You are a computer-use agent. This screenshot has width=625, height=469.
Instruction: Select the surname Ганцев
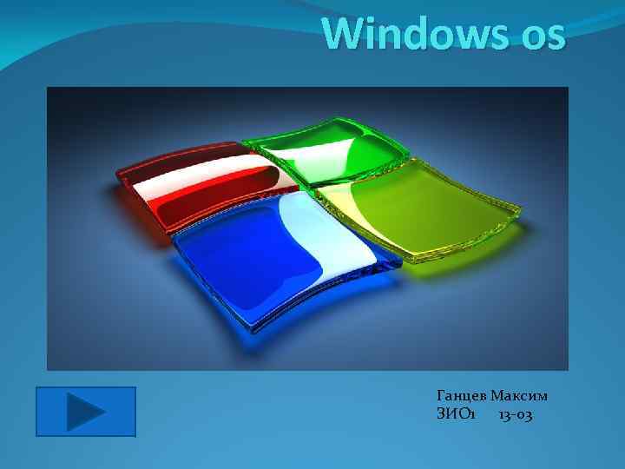point(461,397)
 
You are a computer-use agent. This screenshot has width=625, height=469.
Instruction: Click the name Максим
point(519,397)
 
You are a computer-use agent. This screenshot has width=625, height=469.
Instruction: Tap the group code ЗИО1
point(456,415)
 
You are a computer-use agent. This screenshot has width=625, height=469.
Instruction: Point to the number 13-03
point(516,415)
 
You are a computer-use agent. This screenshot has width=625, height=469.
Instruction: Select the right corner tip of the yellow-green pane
point(518,211)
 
